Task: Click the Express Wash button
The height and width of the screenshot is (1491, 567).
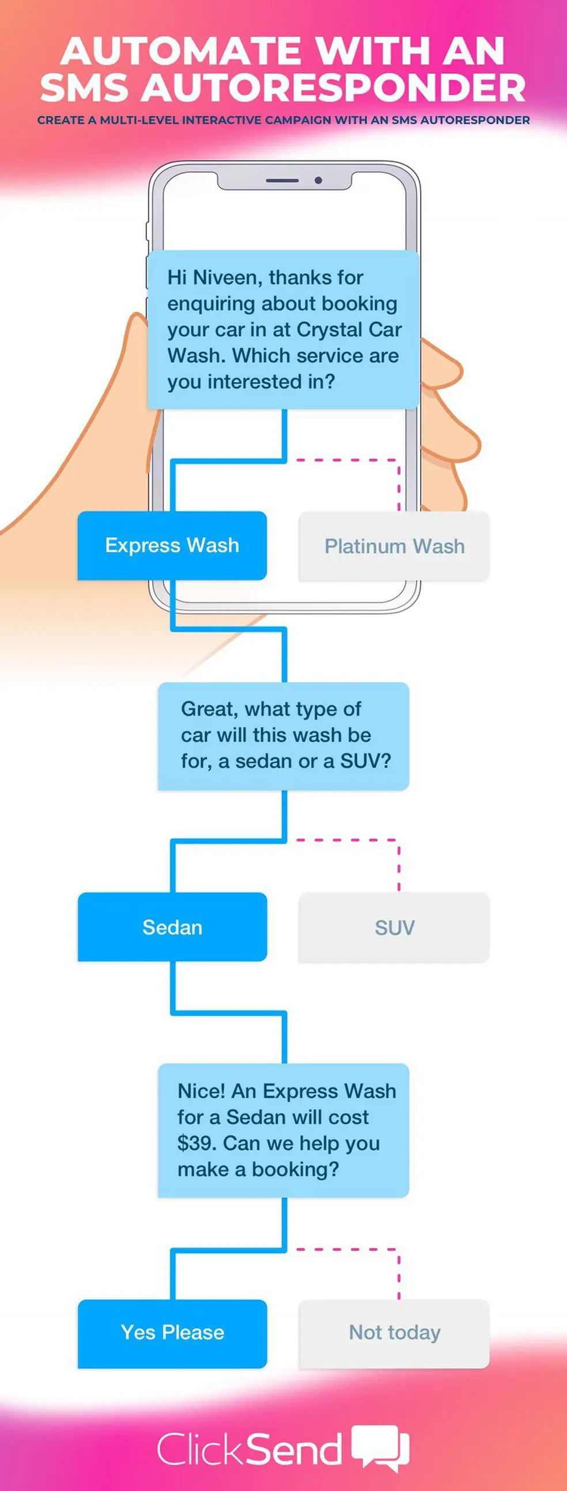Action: (172, 545)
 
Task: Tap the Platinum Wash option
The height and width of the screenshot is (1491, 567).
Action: (394, 546)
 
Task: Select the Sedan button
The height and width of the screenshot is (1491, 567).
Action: (172, 927)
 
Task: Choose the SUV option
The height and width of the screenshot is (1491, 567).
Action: (394, 927)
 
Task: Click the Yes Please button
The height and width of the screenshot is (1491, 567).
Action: (172, 1333)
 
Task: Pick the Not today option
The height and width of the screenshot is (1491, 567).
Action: (394, 1333)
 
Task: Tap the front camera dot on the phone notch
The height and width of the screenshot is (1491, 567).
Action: (318, 181)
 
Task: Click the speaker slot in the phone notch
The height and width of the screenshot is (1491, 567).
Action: (282, 181)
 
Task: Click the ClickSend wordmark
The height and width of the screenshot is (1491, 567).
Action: (249, 1450)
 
